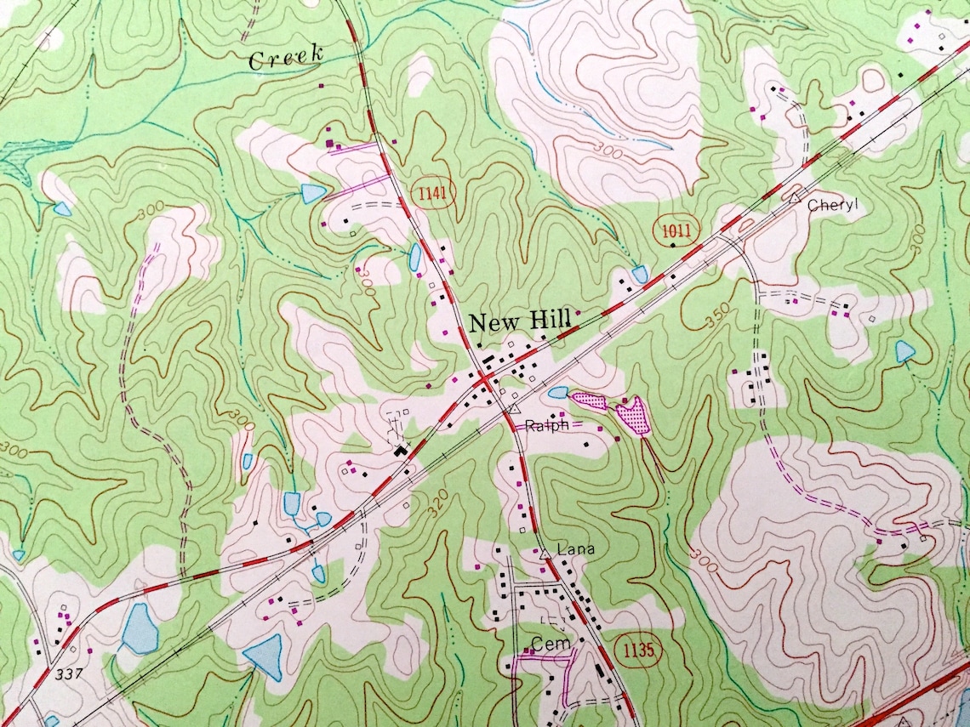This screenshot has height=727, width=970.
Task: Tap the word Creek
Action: click(x=286, y=59)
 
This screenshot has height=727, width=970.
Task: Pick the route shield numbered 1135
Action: click(x=637, y=650)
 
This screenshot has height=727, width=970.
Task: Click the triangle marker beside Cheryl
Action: click(x=793, y=196)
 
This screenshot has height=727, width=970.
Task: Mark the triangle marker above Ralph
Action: click(x=514, y=409)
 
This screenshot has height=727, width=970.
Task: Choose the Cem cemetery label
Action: click(x=549, y=642)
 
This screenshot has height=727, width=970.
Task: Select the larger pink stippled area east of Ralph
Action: click(x=632, y=416)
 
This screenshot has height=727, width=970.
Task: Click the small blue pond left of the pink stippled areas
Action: click(x=558, y=392)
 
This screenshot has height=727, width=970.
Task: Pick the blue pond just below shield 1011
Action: click(x=639, y=274)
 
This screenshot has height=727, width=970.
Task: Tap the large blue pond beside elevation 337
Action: click(x=139, y=629)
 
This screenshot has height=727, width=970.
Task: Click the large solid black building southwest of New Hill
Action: click(x=400, y=449)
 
